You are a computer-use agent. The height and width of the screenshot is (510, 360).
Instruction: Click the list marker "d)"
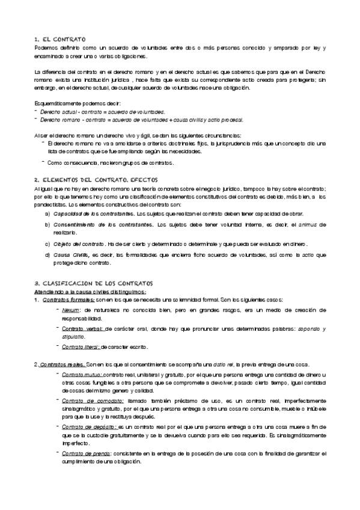point(47,255)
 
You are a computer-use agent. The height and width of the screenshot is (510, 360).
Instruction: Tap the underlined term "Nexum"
point(70,310)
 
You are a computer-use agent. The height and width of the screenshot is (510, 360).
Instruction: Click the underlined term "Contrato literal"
point(81,347)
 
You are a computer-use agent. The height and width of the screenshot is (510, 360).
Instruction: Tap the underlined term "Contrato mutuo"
point(82,375)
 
